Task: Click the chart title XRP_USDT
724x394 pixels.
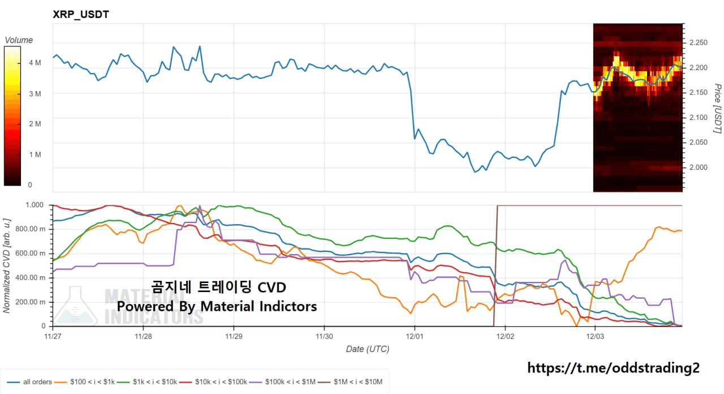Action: (x=80, y=14)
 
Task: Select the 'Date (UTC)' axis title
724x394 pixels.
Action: (x=368, y=349)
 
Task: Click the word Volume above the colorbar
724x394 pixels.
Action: (x=19, y=40)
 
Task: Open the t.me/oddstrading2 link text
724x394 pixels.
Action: (x=613, y=368)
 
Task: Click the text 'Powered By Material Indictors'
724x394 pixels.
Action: (x=217, y=306)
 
